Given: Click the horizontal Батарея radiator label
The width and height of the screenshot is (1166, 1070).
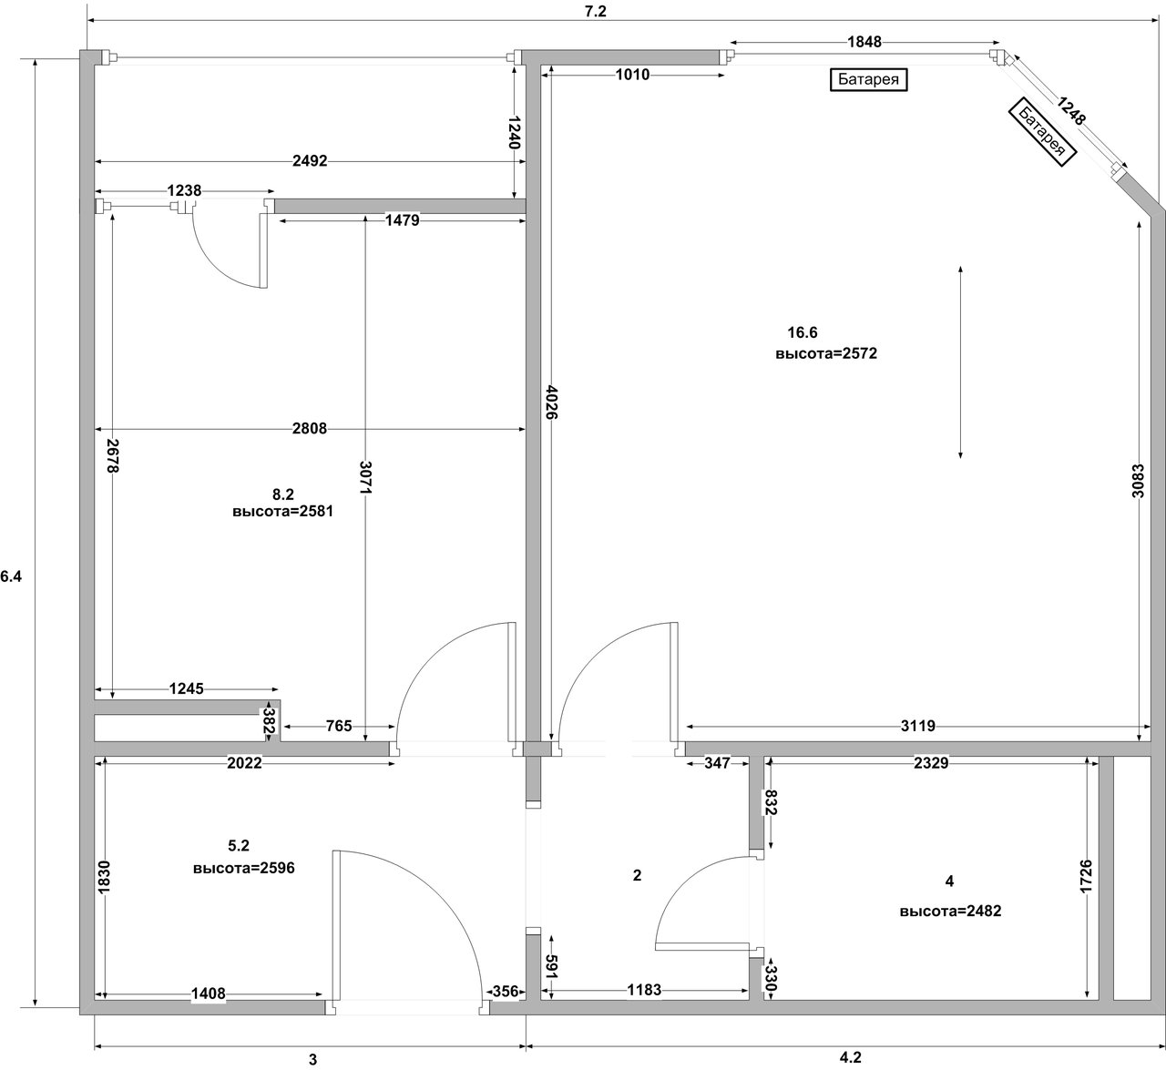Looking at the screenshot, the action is coord(868,79).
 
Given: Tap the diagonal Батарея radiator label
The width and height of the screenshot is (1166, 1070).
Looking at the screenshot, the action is coord(1043,132).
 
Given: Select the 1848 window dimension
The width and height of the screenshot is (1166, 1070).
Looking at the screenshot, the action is coord(864,42).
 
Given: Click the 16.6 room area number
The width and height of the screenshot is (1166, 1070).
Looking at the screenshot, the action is coord(803,332).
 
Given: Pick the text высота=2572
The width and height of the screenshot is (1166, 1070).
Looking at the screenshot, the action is coord(826,353).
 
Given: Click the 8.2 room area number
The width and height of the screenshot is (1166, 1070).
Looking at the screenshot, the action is coord(283,494).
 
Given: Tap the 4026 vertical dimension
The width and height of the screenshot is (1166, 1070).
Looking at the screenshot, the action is coord(552,402).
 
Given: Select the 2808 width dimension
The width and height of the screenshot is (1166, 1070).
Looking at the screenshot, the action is coord(309,428).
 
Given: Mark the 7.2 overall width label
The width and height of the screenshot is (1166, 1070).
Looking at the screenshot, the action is coord(596,12).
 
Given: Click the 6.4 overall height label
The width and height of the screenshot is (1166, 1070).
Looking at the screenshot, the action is coord(11,576).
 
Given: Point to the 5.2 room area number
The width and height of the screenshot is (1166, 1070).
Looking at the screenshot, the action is coord(239,845).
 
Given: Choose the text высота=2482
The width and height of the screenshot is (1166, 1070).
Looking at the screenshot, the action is coord(950,911).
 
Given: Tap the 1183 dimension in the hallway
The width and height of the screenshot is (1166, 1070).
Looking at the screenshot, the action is coord(644,989).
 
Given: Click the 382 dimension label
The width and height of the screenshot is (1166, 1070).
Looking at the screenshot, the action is coord(269,720).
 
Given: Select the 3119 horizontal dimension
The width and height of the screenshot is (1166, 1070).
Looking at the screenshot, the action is coord(918,726).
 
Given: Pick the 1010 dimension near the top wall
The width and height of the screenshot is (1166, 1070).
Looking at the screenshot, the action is coord(632,75).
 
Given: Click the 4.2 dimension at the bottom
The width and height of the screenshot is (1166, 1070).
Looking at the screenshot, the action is coord(851,1056).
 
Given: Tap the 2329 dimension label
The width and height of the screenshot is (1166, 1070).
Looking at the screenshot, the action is coord(931,762).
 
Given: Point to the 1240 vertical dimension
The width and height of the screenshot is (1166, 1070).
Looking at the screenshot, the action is coord(515,133).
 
